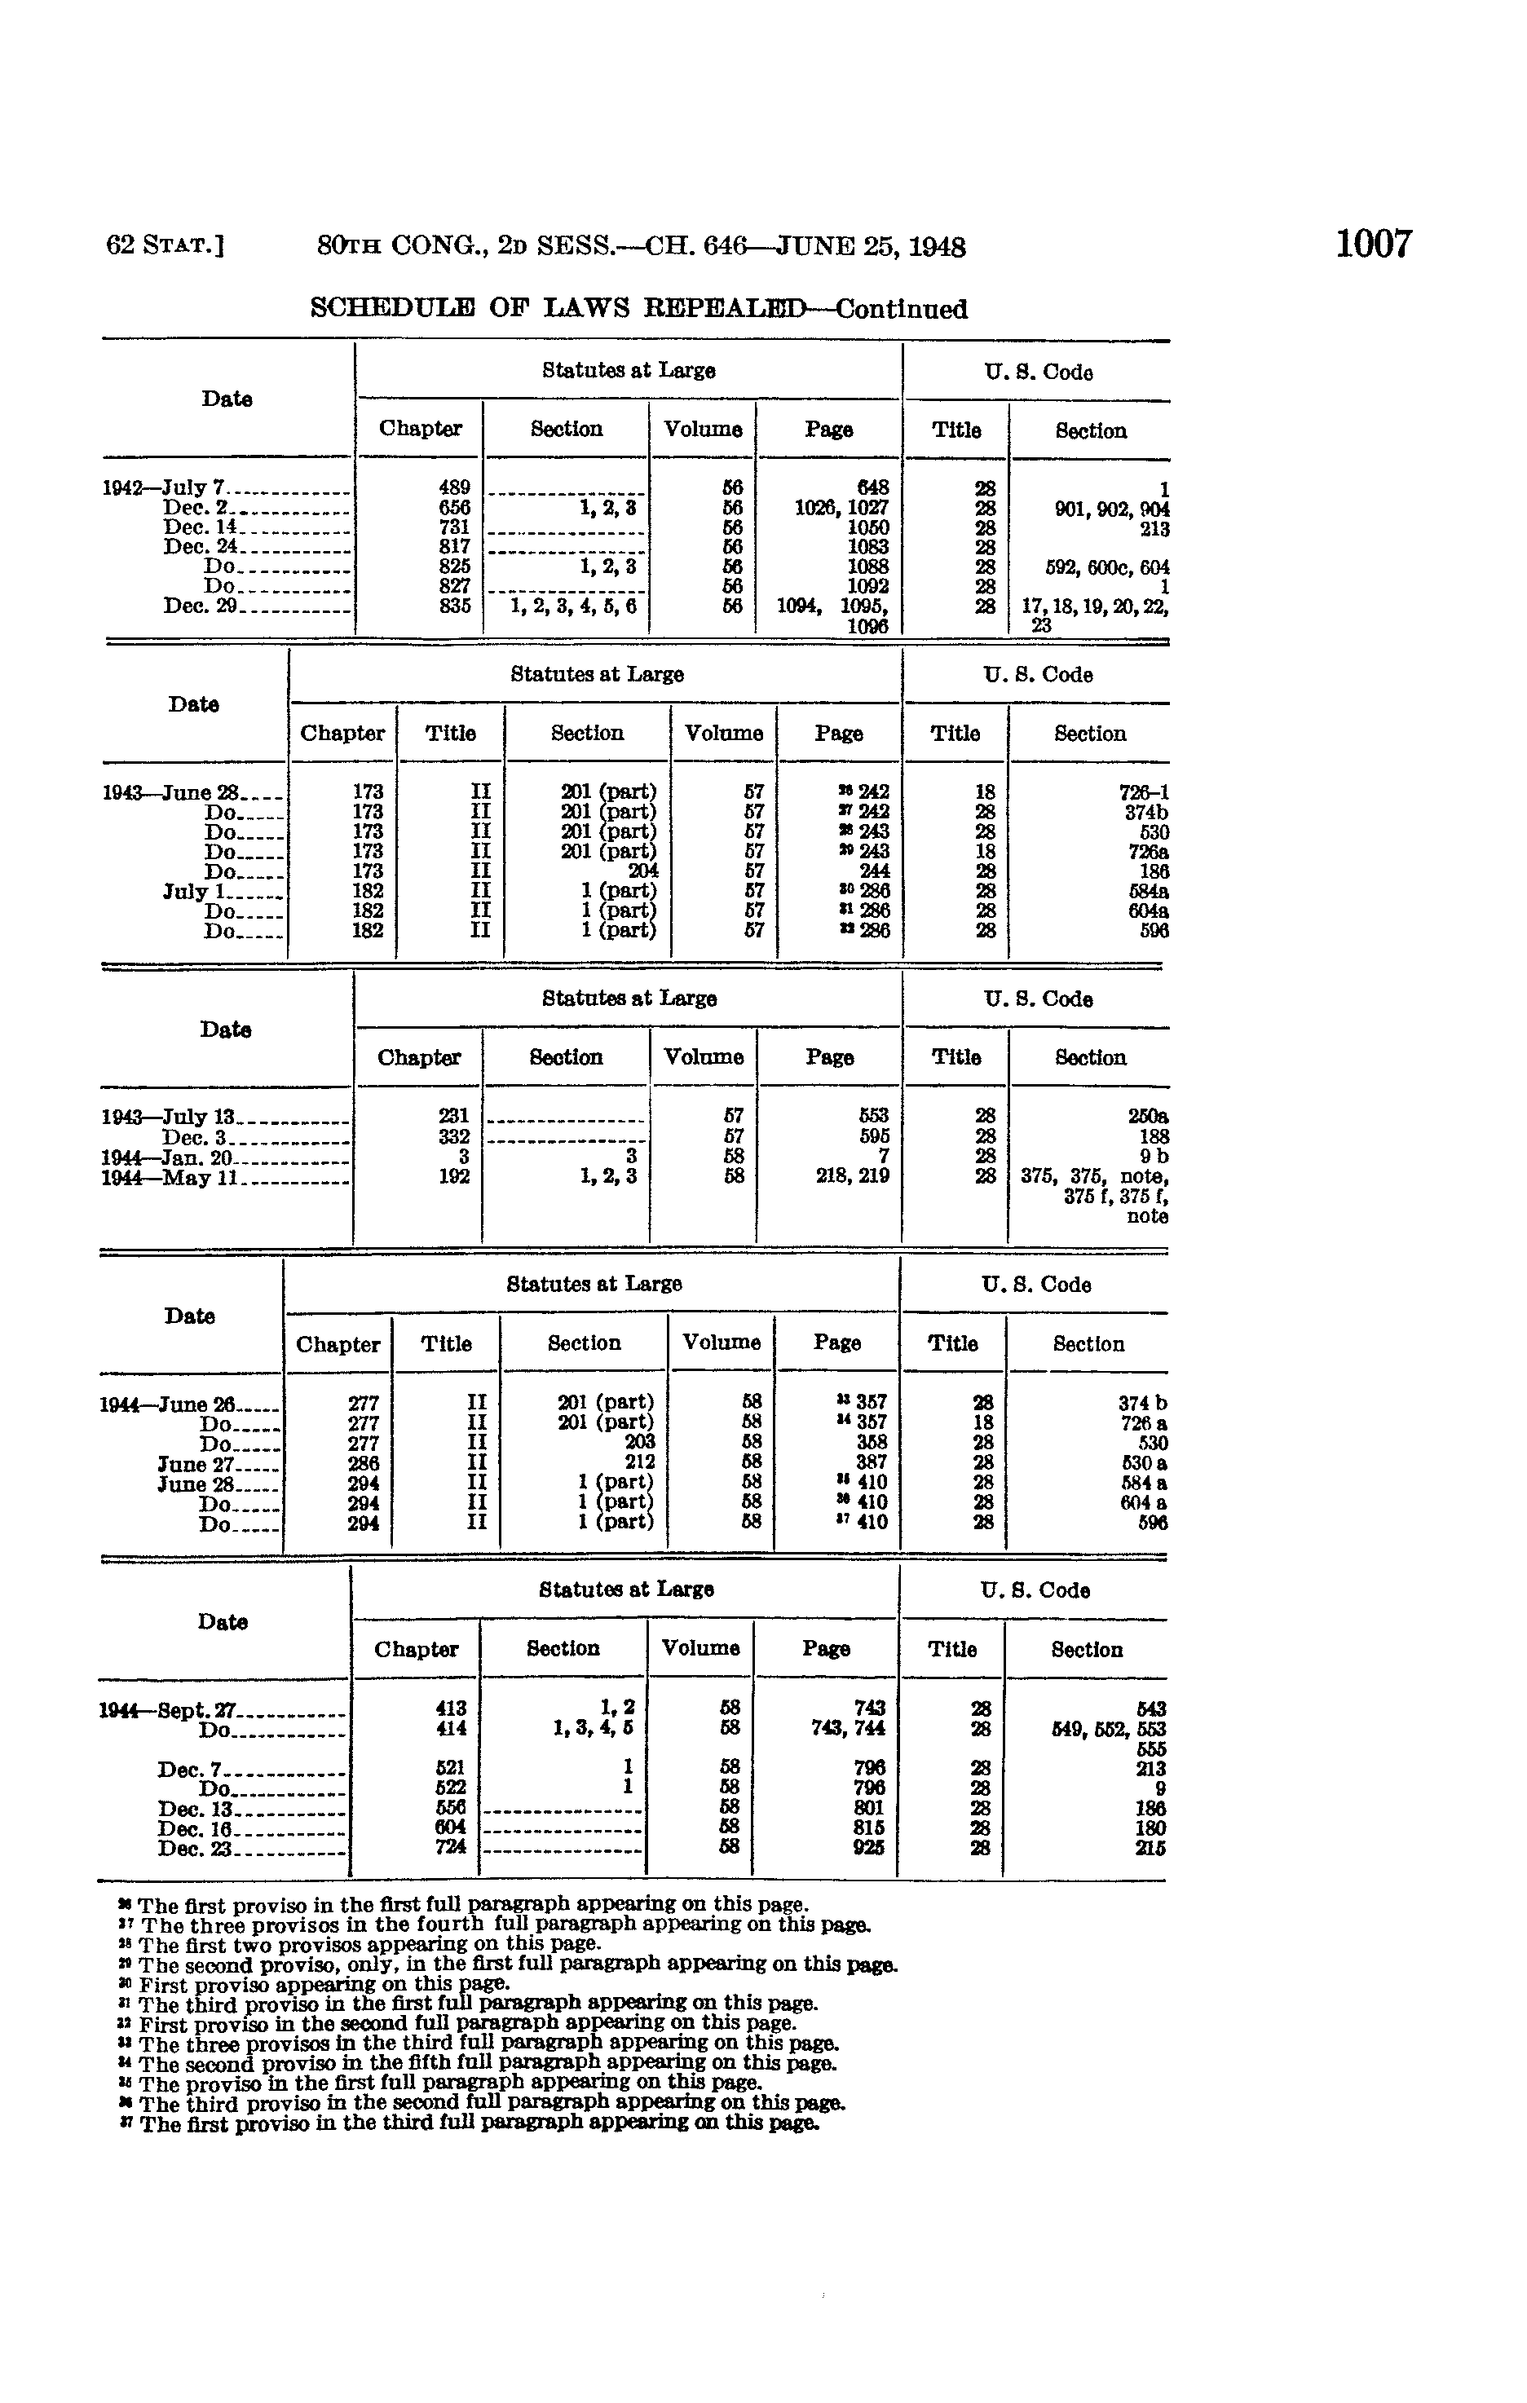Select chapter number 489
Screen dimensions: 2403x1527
click(454, 488)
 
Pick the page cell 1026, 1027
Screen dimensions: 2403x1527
click(841, 508)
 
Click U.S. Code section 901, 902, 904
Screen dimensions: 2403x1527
click(1112, 509)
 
